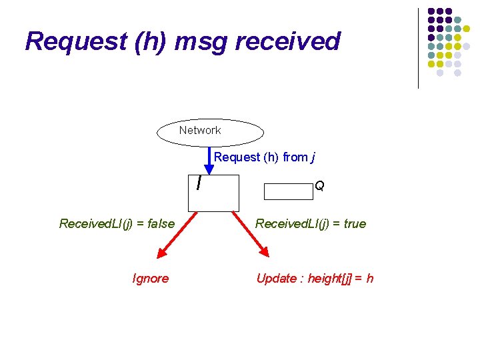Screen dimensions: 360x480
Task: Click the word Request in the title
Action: [x=75, y=41]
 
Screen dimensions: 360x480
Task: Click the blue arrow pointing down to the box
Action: [x=209, y=164]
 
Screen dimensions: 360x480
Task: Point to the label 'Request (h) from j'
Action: [x=265, y=157]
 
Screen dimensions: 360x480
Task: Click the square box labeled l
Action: [x=213, y=193]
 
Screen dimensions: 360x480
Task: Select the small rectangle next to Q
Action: [x=288, y=191]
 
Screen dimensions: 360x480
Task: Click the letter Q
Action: [x=319, y=186]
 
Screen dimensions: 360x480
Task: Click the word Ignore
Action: [x=151, y=279]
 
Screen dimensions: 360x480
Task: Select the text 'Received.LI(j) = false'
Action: [x=117, y=224]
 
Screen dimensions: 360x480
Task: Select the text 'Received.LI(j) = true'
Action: [x=311, y=224]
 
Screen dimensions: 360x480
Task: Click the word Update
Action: [x=275, y=279]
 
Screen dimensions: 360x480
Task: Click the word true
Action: [x=355, y=224]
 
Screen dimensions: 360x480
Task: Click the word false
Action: [x=160, y=224]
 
